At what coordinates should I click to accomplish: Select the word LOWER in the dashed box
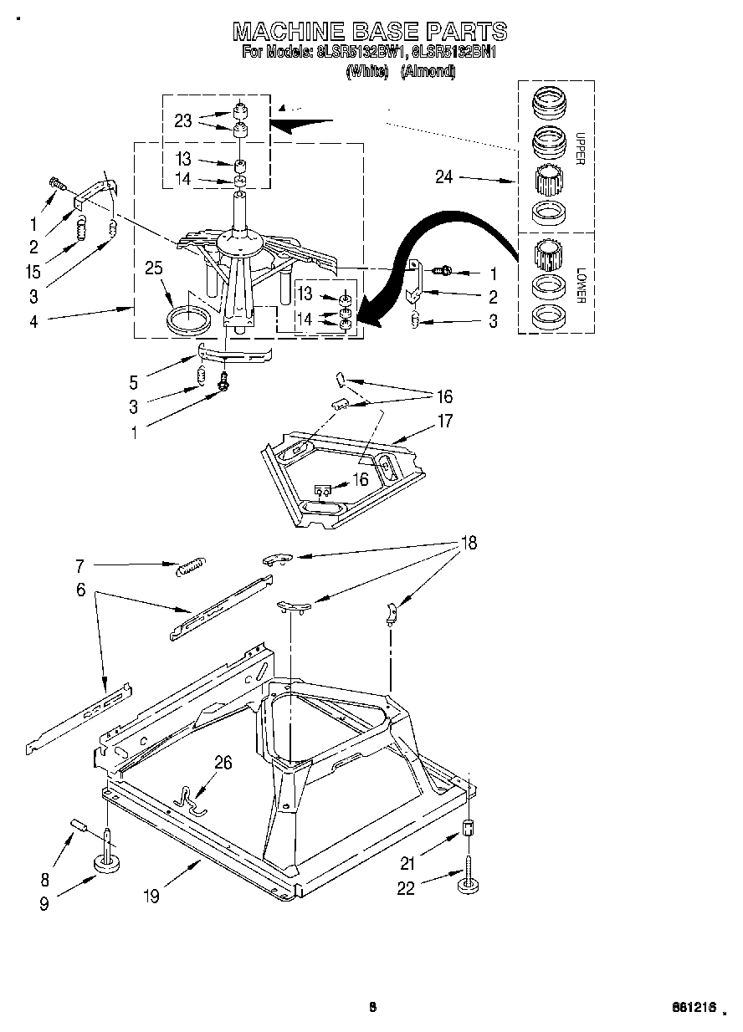[x=580, y=287]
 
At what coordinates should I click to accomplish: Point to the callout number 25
[x=154, y=268]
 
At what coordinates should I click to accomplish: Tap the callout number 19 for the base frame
[x=151, y=896]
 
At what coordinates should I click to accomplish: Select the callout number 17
[x=444, y=421]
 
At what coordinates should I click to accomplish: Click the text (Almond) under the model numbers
[x=428, y=72]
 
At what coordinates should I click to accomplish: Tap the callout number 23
[x=183, y=120]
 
